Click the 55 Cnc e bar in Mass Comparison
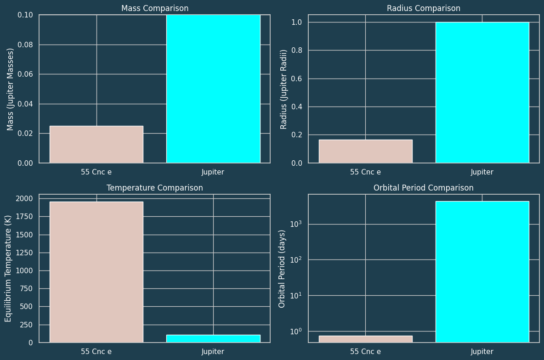pos(96,144)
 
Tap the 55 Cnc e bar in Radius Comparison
pos(365,151)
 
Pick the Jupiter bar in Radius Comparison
pos(482,92)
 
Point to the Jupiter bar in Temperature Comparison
pos(213,338)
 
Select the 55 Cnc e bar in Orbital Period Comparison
pos(365,339)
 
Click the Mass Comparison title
pos(155,8)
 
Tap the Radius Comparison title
pos(424,8)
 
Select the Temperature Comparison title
pos(155,188)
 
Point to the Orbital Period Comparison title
pos(424,188)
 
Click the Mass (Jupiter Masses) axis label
pos(10,89)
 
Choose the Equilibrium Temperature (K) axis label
pos(8,268)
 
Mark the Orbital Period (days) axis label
pos(282,269)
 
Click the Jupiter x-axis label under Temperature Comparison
pos(213,352)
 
